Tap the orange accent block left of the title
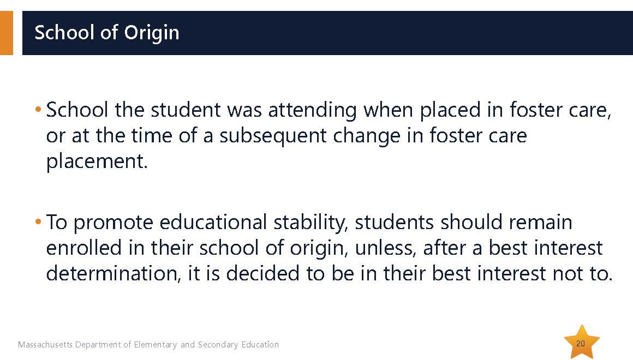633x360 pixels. [7, 33]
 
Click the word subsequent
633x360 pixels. [272, 136]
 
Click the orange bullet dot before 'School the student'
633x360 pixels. [38, 109]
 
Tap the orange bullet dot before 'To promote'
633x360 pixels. [38, 221]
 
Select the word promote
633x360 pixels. [113, 223]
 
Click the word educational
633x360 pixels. [213, 222]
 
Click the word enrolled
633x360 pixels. [83, 248]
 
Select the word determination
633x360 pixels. [114, 273]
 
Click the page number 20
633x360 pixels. [581, 344]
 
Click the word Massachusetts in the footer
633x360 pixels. [46, 345]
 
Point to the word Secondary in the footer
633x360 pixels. [218, 345]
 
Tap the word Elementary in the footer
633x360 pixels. [156, 345]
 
